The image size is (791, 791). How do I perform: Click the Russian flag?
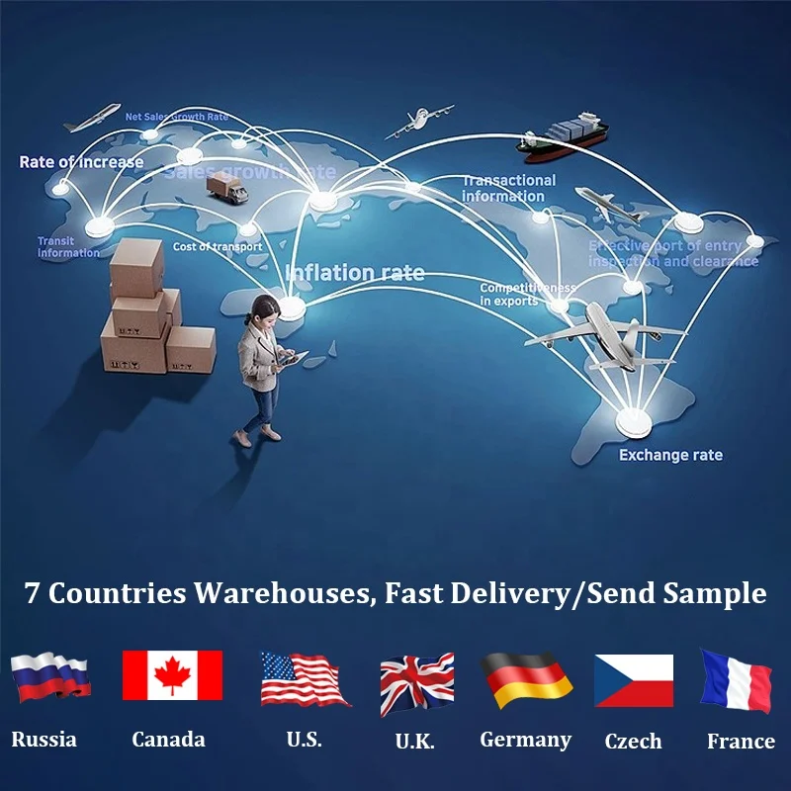pos(50,677)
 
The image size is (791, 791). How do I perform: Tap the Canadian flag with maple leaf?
pos(172,675)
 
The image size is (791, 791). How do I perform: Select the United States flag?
pos(305,679)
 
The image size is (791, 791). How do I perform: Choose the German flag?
pos(527,680)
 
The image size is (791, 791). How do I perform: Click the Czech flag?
pos(633,680)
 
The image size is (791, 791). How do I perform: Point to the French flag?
pos(737,680)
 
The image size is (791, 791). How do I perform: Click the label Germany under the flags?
pos(525,740)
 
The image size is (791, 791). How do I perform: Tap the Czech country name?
pos(633,742)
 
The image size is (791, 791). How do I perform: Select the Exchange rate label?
pos(670,456)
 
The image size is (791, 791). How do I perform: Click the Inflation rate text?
pos(355,273)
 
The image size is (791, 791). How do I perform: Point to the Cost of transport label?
pos(218,247)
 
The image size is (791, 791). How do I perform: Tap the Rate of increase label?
pos(81,162)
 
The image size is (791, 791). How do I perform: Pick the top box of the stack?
pos(136,268)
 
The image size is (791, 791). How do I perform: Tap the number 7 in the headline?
pos(33,593)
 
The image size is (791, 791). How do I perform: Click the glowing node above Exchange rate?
pos(633,423)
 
